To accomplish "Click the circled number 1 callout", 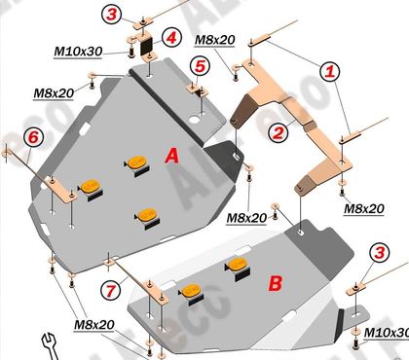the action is pyautogui.click(x=330, y=71).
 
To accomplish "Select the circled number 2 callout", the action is pyautogui.click(x=279, y=132).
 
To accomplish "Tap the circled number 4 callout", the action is pyautogui.click(x=171, y=38).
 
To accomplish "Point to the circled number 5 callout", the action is pyautogui.click(x=200, y=66).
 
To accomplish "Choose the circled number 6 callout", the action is pyautogui.click(x=33, y=137).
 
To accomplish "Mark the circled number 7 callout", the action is pyautogui.click(x=111, y=290).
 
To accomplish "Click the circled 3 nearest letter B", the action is pyautogui.click(x=380, y=253).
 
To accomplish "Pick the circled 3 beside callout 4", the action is pyautogui.click(x=111, y=15).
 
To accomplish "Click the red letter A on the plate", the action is pyautogui.click(x=171, y=156).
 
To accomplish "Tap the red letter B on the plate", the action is pyautogui.click(x=276, y=283).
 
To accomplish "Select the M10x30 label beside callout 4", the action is pyautogui.click(x=78, y=52).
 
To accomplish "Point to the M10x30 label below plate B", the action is pyautogui.click(x=387, y=333).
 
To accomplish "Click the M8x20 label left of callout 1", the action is pyautogui.click(x=214, y=40).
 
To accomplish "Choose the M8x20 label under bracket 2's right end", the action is pyautogui.click(x=364, y=209).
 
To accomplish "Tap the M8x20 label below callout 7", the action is pyautogui.click(x=94, y=325).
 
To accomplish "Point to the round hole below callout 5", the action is pyautogui.click(x=195, y=120).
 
